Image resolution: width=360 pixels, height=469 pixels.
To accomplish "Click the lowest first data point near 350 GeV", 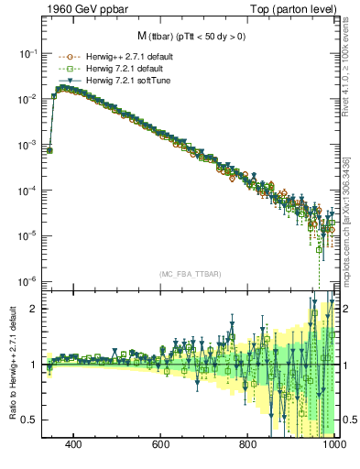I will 49,150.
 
